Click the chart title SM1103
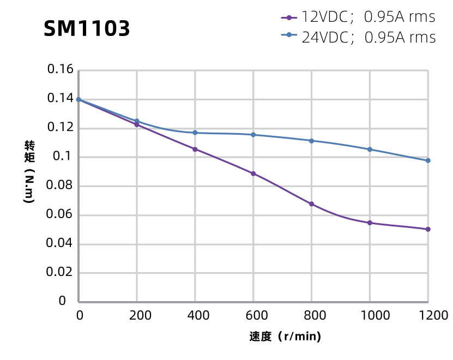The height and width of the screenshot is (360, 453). click(x=87, y=29)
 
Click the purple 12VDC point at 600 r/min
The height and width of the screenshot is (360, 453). click(x=253, y=173)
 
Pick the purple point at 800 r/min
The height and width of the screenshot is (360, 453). click(x=311, y=204)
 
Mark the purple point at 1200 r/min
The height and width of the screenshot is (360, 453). click(x=428, y=229)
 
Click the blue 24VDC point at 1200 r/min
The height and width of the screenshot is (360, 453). click(x=428, y=160)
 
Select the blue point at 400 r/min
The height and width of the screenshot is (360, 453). click(x=195, y=133)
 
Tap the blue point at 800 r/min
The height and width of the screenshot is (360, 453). click(x=311, y=141)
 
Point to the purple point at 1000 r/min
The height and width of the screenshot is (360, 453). click(x=370, y=223)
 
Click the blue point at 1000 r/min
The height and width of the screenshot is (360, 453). click(x=370, y=149)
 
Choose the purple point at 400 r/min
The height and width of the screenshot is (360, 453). click(x=195, y=149)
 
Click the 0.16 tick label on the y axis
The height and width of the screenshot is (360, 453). click(x=60, y=70)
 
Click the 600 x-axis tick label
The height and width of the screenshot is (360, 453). click(x=253, y=315)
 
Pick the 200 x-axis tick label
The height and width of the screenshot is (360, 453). click(x=136, y=315)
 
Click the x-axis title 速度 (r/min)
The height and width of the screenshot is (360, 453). click(x=285, y=337)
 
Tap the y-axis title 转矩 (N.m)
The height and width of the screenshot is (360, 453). click(x=29, y=171)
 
